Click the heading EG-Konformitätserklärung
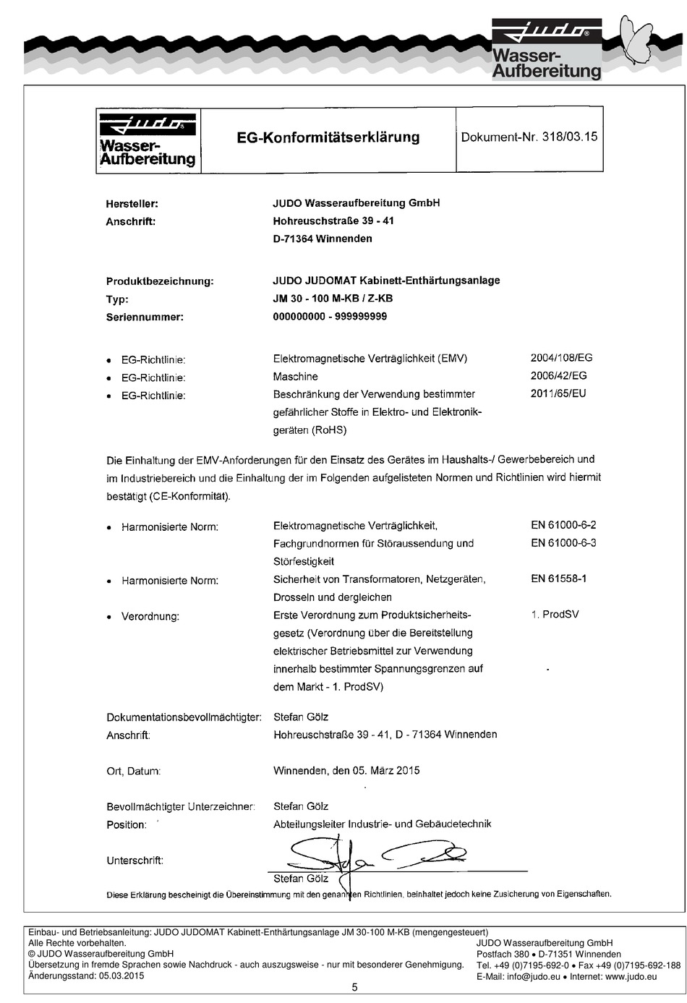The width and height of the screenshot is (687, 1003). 328,137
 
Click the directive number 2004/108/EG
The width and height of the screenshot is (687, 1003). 561,358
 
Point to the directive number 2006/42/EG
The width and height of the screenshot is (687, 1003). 558,376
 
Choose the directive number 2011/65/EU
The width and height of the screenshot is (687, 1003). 558,394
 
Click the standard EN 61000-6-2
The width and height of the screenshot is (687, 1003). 563,526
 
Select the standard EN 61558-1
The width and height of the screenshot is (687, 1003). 558,579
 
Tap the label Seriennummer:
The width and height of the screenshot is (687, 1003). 145,317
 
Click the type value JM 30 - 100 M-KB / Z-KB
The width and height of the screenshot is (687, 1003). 333,299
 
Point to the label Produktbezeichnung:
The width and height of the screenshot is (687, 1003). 160,281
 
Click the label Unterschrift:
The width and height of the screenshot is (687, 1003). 135,861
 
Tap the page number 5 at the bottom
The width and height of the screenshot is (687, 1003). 354,987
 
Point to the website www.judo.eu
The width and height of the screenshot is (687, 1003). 631,976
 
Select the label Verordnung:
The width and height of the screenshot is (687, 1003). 150,617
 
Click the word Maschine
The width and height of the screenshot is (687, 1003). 295,377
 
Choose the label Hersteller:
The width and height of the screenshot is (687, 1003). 132,204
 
